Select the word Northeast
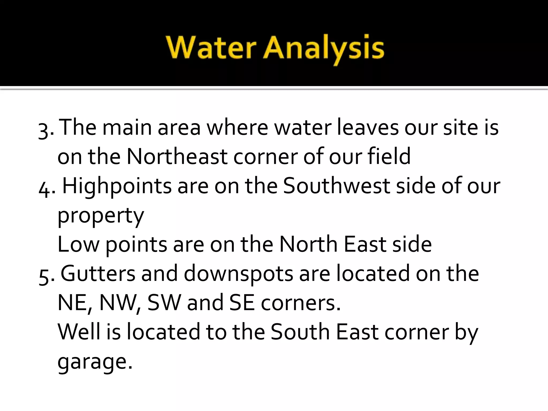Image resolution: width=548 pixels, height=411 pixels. pos(177,157)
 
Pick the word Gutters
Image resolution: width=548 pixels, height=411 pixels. pos(98,273)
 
